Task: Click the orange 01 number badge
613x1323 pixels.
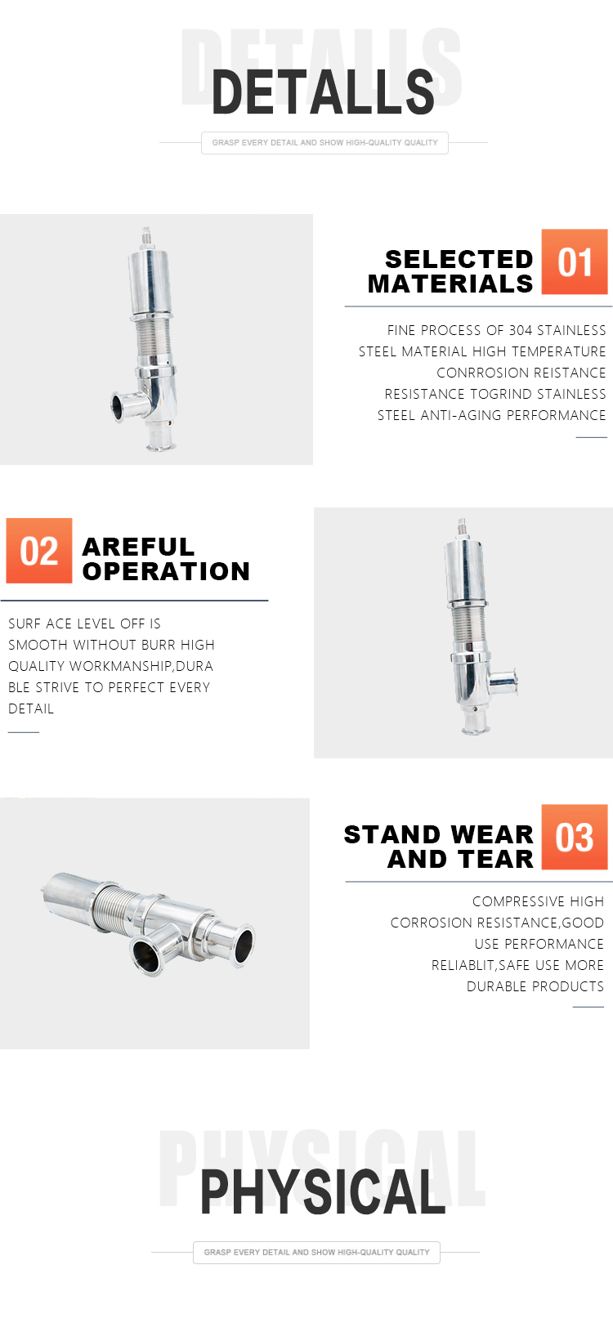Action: tap(574, 261)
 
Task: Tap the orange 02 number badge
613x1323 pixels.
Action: tap(39, 551)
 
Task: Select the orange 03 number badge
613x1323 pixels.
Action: tap(574, 836)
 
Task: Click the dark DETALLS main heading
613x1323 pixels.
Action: tap(323, 92)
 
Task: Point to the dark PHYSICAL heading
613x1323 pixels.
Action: tap(323, 1192)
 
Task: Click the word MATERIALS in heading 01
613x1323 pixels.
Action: tap(450, 284)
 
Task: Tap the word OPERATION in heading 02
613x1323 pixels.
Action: tap(166, 571)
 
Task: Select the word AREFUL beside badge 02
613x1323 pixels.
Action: tap(138, 547)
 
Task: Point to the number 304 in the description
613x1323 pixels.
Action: tap(521, 330)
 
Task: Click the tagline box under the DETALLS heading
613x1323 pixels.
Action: tap(324, 143)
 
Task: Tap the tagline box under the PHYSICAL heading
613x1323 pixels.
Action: tap(316, 1252)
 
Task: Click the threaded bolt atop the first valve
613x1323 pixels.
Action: tap(146, 238)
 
